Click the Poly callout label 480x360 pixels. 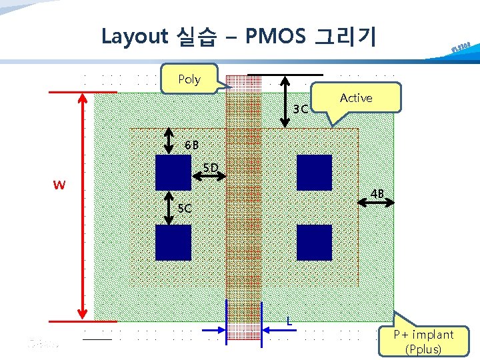point(189,79)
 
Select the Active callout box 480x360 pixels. point(356,98)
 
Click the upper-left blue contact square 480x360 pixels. point(173,172)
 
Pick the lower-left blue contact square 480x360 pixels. point(173,242)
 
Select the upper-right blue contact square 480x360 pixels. point(314,172)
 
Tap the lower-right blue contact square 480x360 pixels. point(314,242)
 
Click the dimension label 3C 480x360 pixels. point(301,109)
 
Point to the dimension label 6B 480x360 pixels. point(192,145)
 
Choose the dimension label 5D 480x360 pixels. point(211,167)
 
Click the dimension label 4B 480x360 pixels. point(378,194)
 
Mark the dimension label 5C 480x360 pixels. point(185,208)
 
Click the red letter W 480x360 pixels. point(59,185)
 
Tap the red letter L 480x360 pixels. point(289,321)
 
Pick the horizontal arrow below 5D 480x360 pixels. point(209,177)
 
